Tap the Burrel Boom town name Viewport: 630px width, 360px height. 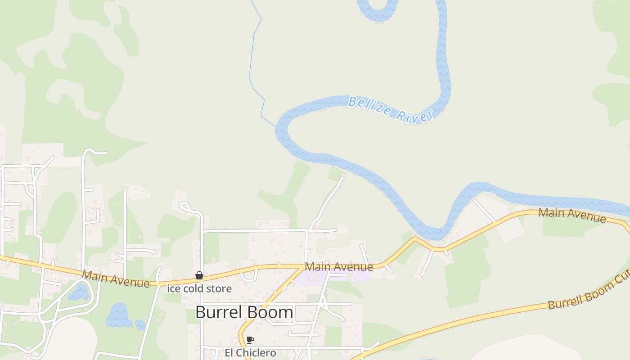tap(244, 312)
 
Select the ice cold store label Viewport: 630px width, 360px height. tap(199, 288)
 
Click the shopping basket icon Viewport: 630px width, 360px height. tap(199, 275)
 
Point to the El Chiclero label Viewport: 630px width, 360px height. tap(250, 352)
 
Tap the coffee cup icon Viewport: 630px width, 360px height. tap(250, 340)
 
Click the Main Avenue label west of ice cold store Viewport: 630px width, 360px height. tap(115, 279)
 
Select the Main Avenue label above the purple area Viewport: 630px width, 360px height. tap(339, 266)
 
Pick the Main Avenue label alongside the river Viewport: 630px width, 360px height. tap(572, 215)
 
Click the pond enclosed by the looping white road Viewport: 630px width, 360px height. tap(79, 292)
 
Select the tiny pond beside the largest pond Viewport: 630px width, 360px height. tap(140, 324)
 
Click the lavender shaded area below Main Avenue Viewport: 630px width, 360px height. tap(333, 275)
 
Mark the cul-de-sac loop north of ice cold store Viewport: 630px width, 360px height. tap(185, 207)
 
